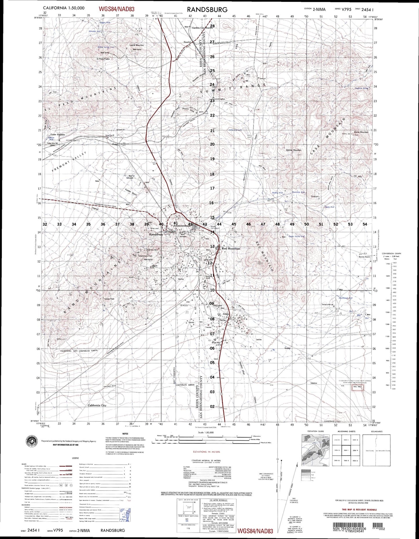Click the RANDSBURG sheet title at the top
click(207, 10)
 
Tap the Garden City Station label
click(202, 28)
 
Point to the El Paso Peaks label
click(103, 59)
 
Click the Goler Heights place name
click(58, 135)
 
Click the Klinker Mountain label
click(294, 150)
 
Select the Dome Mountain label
click(361, 132)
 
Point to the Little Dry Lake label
click(235, 130)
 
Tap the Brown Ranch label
click(364, 257)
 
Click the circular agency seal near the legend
click(32, 441)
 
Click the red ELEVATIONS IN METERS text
click(206, 452)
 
